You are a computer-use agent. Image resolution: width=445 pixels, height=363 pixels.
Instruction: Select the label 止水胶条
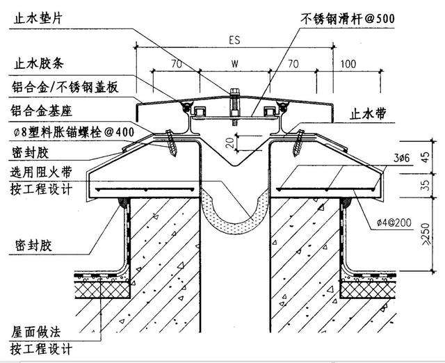click(x=41, y=64)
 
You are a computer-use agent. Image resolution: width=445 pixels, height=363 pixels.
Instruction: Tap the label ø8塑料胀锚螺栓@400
click(x=72, y=131)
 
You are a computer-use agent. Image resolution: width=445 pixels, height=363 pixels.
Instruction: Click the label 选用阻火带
click(x=41, y=171)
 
